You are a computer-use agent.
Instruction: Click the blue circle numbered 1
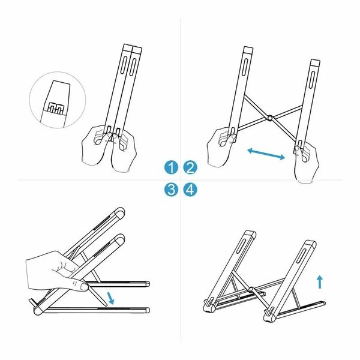coord(171,167)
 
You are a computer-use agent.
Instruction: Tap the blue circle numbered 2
coord(190,167)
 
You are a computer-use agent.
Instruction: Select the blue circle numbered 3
coord(171,190)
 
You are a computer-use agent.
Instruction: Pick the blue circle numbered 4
coord(190,190)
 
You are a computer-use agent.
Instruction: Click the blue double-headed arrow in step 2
coord(266,154)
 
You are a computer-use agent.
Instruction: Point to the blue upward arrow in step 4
coord(320,282)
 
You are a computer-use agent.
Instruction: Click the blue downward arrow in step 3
coord(111,298)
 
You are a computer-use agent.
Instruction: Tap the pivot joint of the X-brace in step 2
coord(270,118)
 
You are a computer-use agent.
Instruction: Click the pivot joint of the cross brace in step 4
coord(251,289)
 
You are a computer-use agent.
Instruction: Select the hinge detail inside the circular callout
coord(55,108)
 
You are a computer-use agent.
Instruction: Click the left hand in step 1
coord(97,145)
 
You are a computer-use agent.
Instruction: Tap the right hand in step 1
coord(124,151)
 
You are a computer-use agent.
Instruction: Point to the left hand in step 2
coord(220,147)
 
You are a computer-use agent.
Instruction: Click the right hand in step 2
coord(306,161)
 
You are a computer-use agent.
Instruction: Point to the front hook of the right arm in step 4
coord(268,313)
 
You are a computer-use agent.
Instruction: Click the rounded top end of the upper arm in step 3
coord(119,212)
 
